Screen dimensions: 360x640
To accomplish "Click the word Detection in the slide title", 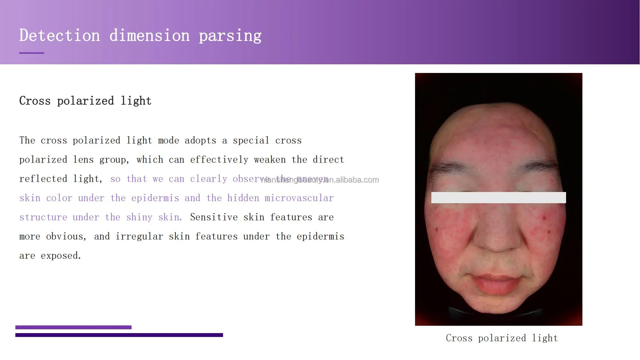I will point(60,35).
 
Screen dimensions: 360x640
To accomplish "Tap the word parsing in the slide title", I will point(230,36).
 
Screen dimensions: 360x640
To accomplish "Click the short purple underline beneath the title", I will point(31,53).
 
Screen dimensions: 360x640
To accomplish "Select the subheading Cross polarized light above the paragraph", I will point(85,101).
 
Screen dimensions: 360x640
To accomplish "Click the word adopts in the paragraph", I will point(200,140).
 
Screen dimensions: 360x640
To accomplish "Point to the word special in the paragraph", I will point(251,140).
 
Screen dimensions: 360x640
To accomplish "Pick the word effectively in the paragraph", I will point(219,160).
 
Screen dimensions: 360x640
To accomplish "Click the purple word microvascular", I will point(299,198).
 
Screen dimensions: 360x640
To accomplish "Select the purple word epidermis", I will point(155,198).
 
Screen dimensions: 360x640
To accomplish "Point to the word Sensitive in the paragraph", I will point(214,217).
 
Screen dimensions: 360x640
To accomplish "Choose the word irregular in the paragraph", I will point(139,236).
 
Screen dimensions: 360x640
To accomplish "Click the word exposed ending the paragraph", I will point(61,256).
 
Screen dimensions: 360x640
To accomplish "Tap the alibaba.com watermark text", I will point(320,180).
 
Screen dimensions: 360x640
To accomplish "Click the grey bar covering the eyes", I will point(498,197).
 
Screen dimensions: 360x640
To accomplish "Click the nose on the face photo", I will point(498,237).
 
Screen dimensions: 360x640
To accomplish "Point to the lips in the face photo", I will point(496,283).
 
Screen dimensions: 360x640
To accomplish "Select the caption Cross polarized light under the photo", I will point(502,338).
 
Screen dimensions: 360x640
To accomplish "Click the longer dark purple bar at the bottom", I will point(119,335).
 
